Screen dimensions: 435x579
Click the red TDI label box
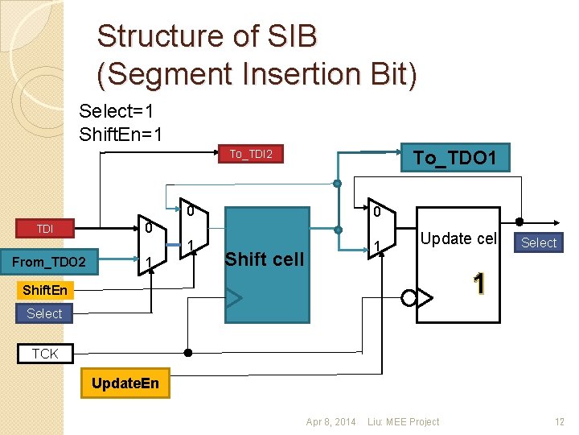(x=45, y=229)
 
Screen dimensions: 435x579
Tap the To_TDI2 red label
(x=251, y=154)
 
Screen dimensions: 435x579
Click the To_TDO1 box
(x=454, y=157)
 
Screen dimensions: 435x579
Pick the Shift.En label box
(x=46, y=289)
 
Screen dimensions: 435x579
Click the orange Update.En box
(x=125, y=383)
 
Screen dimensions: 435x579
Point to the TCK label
(x=45, y=353)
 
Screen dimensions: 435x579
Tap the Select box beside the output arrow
(x=539, y=242)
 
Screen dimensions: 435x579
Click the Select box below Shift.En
(x=45, y=313)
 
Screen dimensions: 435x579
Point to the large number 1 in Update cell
(x=479, y=284)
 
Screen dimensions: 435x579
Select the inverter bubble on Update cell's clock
(x=409, y=298)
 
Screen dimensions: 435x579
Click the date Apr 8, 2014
(x=331, y=421)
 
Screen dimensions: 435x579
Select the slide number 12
(x=560, y=421)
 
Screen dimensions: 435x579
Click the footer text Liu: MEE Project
(x=403, y=421)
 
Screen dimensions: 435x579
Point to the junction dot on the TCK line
(x=188, y=353)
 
